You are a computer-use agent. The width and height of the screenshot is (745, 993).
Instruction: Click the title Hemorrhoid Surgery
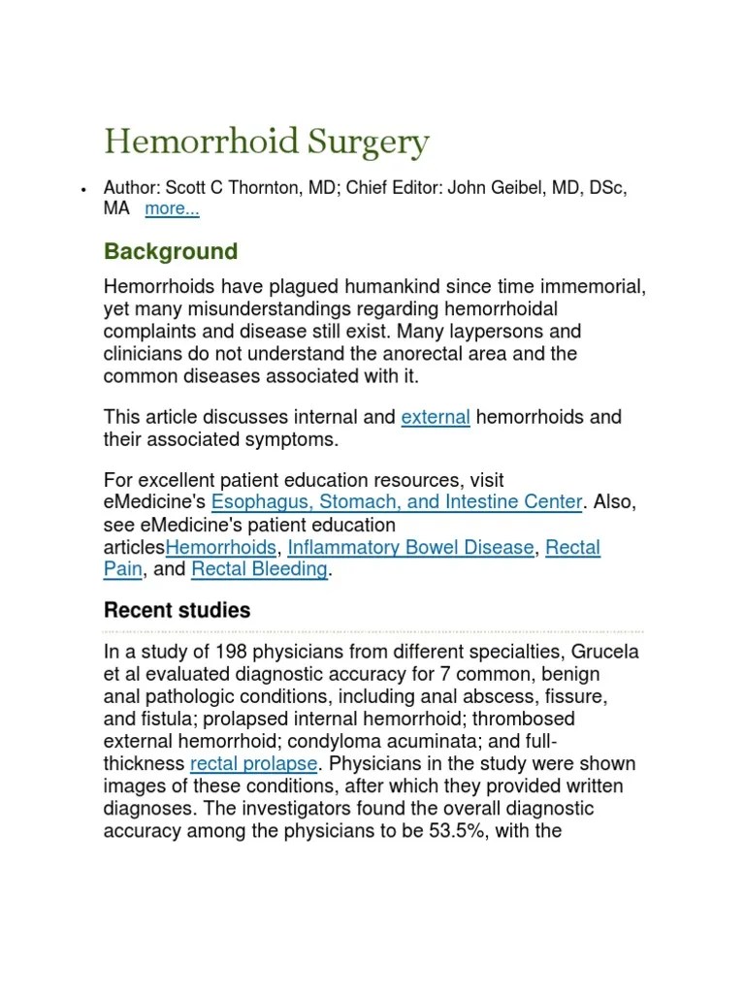click(266, 143)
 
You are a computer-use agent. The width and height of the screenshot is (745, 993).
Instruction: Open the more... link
click(172, 208)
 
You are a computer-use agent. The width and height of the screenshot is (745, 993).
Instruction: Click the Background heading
click(171, 252)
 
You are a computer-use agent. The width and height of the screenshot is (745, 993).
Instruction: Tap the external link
click(436, 417)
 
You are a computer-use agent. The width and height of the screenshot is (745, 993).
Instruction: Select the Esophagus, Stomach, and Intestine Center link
click(397, 502)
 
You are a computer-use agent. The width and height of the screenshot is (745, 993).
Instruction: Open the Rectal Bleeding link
click(260, 570)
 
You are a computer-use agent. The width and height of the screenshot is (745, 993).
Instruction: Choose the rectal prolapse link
click(253, 764)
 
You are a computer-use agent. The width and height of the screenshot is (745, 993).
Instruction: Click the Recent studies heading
click(177, 611)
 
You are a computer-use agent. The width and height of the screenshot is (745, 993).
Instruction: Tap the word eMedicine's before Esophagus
click(155, 502)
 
